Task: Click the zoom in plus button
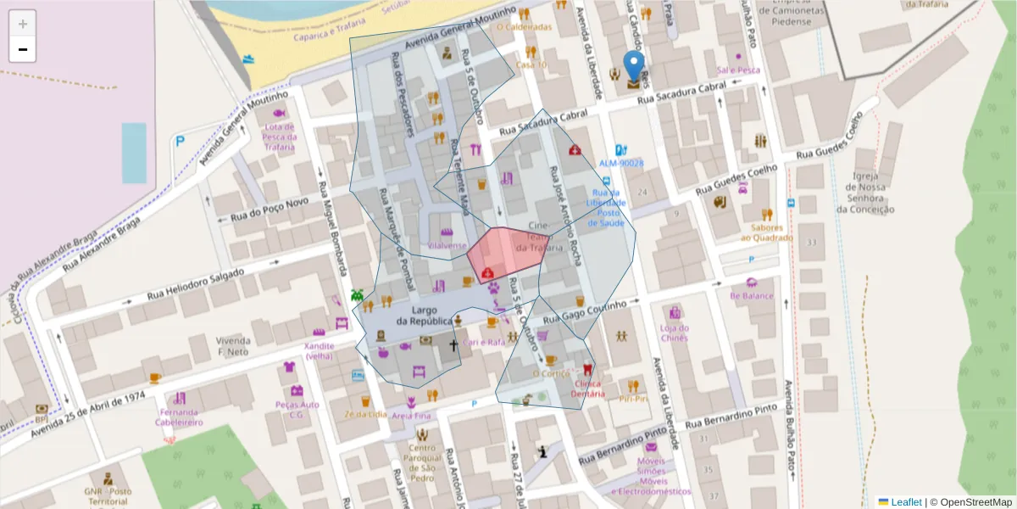point(22,24)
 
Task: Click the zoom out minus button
point(22,49)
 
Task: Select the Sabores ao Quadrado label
point(766,232)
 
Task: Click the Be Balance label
point(751,296)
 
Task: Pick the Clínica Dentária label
point(587,388)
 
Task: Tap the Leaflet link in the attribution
point(905,502)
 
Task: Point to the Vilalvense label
point(447,245)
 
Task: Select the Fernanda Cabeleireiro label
point(179,417)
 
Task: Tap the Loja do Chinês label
point(674,333)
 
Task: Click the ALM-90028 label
point(621,163)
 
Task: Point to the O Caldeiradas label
point(524,26)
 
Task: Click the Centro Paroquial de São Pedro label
point(421,457)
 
